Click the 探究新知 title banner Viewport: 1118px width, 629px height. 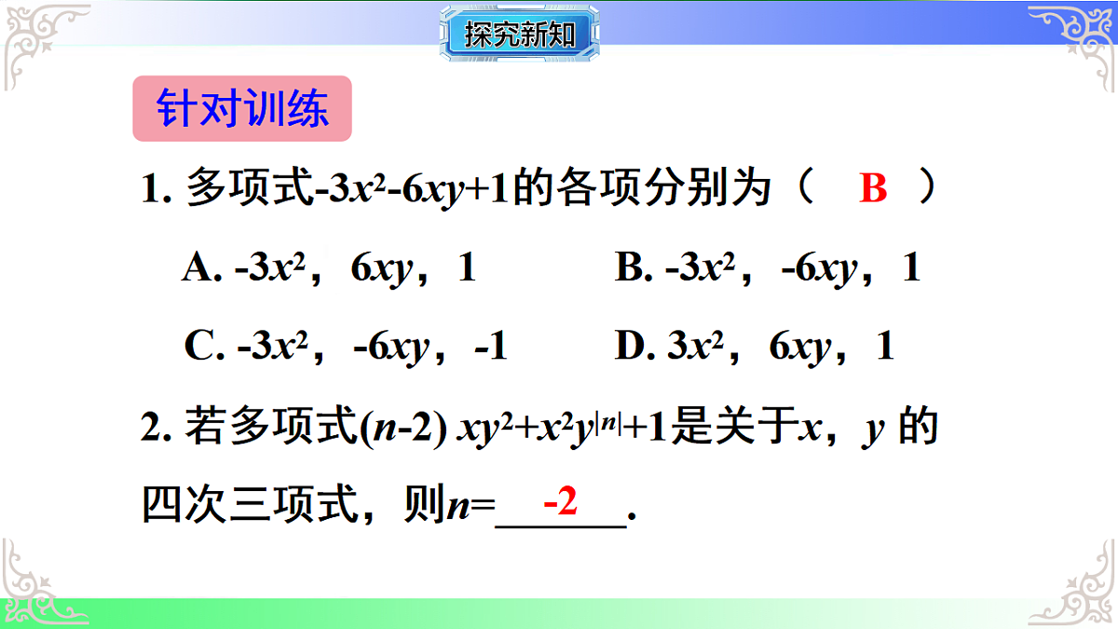520,35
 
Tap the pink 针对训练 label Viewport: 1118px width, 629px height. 242,108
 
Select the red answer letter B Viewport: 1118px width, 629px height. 873,189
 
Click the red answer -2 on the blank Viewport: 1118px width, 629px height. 561,503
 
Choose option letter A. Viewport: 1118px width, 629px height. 198,269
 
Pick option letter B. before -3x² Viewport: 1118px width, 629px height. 633,269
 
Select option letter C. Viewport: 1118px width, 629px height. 200,348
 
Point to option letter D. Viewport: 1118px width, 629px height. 633,348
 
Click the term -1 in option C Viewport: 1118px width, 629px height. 491,348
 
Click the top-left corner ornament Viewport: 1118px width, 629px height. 42,42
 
